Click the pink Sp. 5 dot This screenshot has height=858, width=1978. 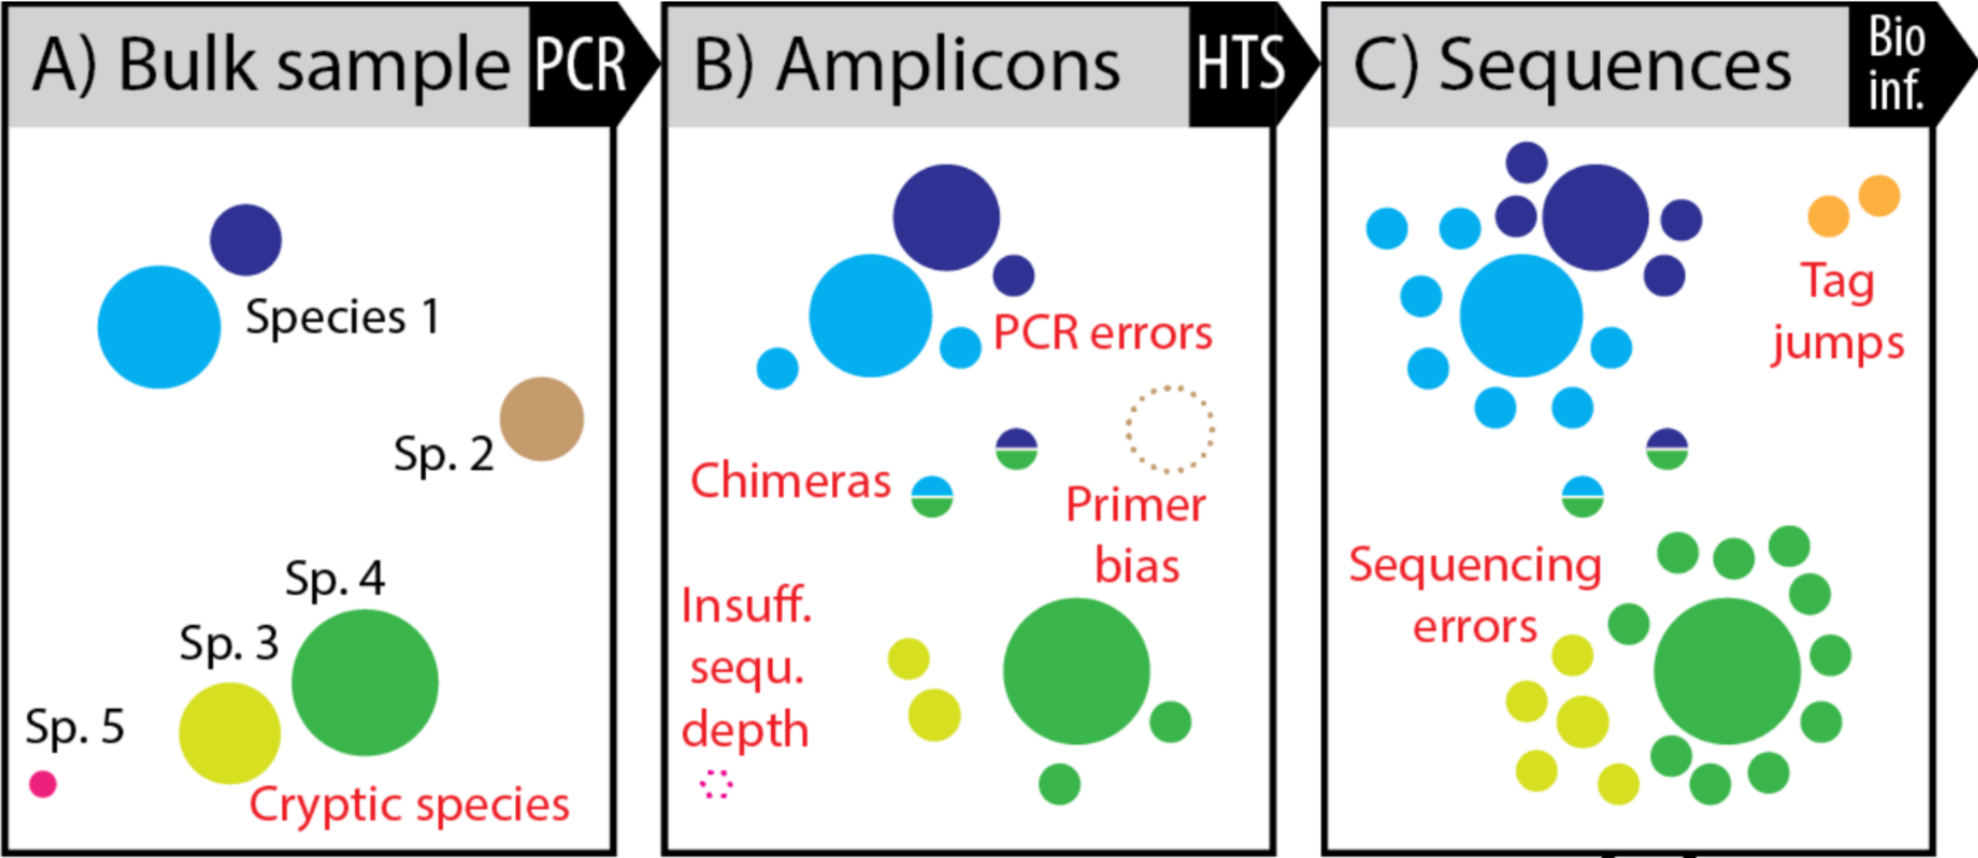coord(43,783)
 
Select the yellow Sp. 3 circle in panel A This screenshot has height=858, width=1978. coord(229,733)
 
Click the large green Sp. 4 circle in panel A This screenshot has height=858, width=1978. coord(365,683)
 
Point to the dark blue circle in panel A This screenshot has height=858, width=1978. coord(246,239)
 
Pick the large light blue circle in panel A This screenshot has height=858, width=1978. coord(159,327)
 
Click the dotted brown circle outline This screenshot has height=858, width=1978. coord(1170,428)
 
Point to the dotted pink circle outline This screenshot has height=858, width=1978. coord(716,784)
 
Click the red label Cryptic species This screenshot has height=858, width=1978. coord(409,805)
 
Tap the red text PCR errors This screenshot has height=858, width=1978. coord(1103,333)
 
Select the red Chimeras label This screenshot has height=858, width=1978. coord(790,481)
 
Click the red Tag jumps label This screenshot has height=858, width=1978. coord(1837,312)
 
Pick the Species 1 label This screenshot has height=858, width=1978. coord(342,317)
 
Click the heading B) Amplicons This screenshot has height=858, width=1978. coord(906,65)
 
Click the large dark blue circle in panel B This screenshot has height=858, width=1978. coord(946,217)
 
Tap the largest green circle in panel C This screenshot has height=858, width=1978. coord(1727,671)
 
